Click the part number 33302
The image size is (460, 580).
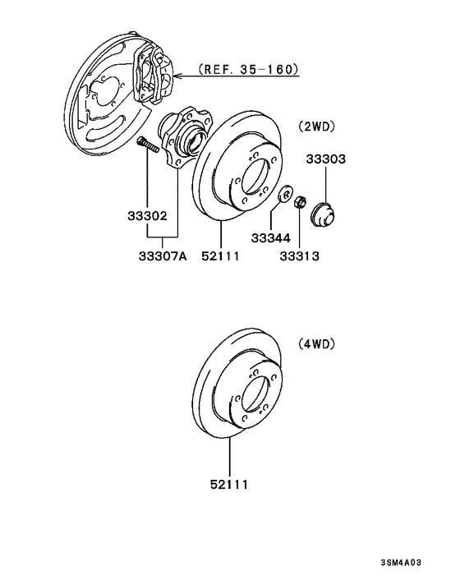pos(147,217)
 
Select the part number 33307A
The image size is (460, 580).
pos(162,255)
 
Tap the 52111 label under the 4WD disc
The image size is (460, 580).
pos(230,486)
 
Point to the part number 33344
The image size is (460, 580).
pos(270,237)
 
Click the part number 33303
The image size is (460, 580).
pos(326,159)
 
